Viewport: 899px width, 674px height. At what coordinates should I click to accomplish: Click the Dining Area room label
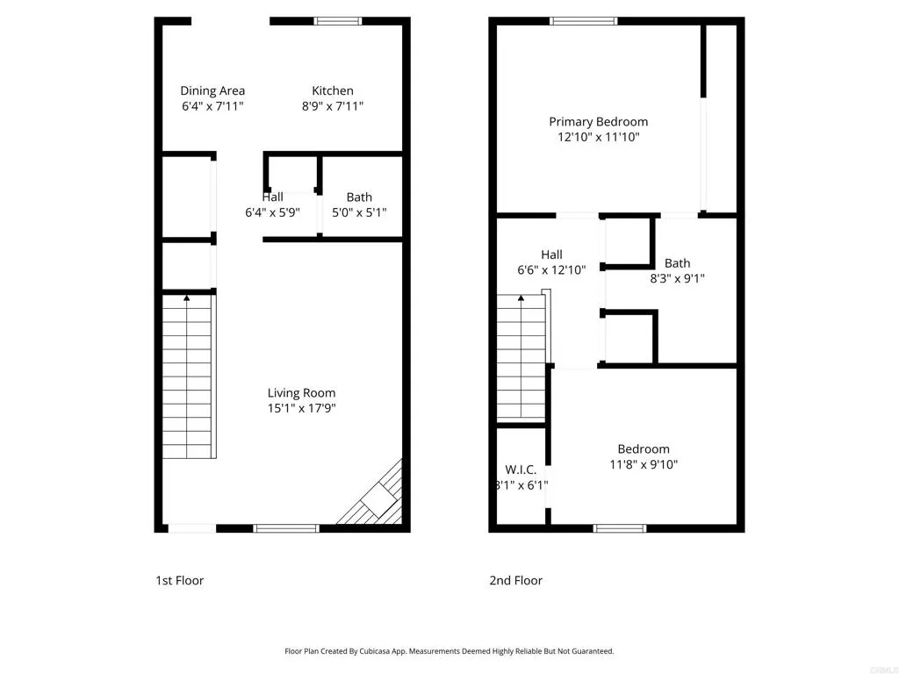pos(212,90)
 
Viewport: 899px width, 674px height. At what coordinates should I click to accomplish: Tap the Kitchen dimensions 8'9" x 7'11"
pos(333,106)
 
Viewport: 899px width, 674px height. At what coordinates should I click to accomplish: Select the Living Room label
pos(301,392)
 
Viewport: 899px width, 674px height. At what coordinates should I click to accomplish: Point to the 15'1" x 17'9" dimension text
pos(301,408)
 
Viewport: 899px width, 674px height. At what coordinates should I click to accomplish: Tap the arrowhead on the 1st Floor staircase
pos(187,299)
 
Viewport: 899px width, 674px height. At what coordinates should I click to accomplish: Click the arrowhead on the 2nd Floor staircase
pos(521,299)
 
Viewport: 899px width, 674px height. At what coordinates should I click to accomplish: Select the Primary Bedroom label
pos(598,121)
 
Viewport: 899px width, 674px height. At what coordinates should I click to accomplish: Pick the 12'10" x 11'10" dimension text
pos(598,137)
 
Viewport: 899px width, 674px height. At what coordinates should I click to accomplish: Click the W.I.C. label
pos(521,470)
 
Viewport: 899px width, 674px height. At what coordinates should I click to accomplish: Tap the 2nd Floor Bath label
pos(677,262)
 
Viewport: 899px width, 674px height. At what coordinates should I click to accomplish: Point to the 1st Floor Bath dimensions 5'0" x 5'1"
pos(358,212)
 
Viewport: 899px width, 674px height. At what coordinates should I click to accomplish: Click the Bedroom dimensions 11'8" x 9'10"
pos(643,464)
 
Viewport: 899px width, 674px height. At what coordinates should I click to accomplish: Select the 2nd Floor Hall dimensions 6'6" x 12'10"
pos(551,270)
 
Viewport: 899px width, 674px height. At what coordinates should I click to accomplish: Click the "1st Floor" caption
pos(179,580)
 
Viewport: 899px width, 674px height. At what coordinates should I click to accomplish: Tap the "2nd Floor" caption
pos(515,580)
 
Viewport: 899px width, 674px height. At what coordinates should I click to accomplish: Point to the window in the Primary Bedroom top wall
pos(583,21)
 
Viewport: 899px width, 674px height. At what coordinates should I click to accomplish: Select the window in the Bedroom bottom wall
pos(620,527)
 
